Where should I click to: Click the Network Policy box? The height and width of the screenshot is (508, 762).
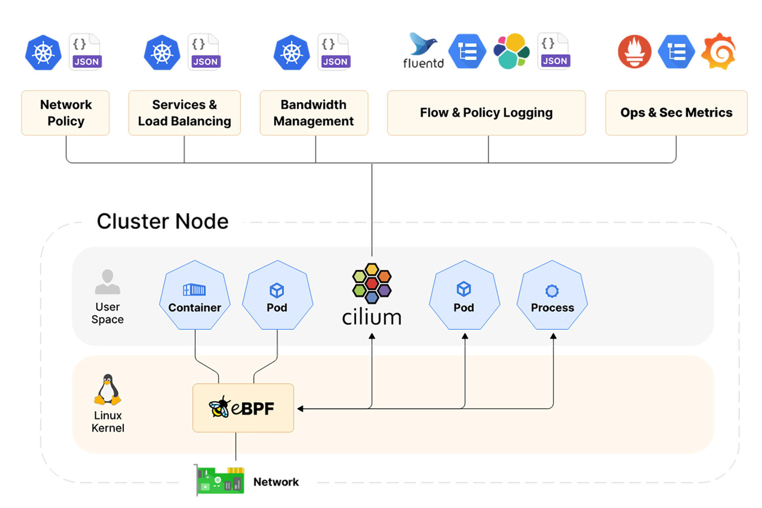(x=65, y=113)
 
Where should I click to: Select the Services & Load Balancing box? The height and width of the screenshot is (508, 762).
(x=185, y=113)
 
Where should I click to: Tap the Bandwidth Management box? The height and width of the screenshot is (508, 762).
(x=314, y=113)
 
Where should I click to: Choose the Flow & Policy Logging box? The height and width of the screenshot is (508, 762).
(x=486, y=113)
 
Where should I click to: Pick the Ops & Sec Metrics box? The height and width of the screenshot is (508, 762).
(x=676, y=113)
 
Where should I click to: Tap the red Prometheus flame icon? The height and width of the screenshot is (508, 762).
(x=634, y=52)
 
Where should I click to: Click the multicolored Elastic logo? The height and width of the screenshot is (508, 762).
(x=512, y=51)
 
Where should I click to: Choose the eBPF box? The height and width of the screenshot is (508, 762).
(x=243, y=408)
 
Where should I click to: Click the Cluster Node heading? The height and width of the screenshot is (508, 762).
(x=163, y=221)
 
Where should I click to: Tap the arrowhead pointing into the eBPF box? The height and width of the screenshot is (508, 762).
(x=300, y=408)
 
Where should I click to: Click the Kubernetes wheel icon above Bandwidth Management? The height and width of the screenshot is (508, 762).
(x=292, y=52)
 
